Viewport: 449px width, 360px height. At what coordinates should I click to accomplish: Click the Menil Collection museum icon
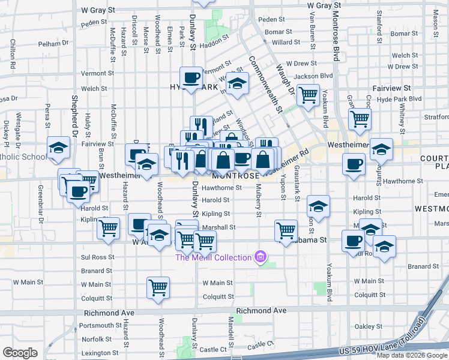[260, 257]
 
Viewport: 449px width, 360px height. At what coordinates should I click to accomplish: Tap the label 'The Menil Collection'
[213, 257]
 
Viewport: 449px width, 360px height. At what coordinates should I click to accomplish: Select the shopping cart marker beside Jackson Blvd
[308, 94]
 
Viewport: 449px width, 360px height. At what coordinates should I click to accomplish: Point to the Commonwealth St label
[264, 84]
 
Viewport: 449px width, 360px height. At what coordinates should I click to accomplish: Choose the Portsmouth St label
[101, 325]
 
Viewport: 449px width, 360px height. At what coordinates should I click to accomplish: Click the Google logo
[20, 353]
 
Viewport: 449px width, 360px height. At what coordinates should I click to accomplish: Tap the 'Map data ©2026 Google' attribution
[412, 355]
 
